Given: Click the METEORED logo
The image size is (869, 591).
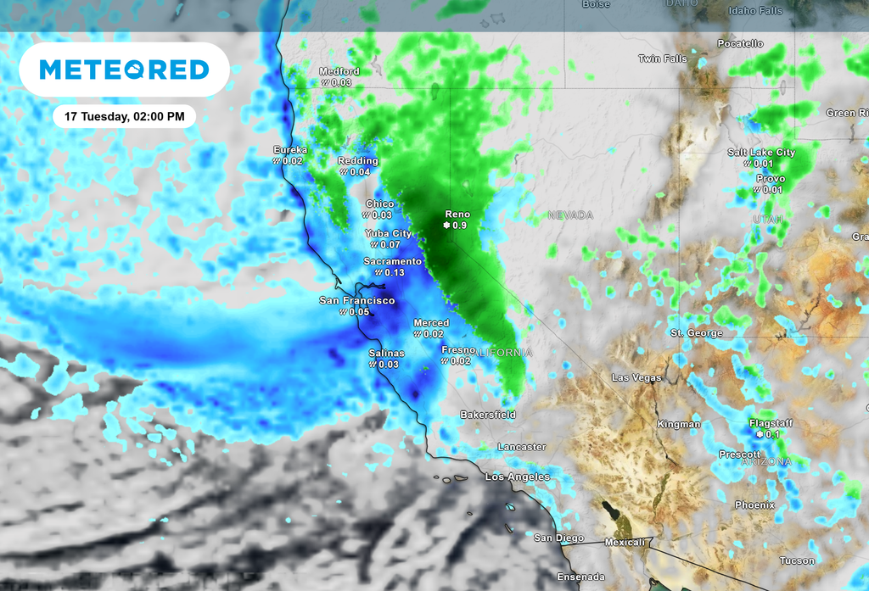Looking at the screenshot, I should click(x=124, y=69).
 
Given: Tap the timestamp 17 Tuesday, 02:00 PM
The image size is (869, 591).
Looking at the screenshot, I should click(x=124, y=115).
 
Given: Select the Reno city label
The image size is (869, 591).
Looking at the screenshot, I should click(x=457, y=215).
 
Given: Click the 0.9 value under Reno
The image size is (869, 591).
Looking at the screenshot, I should click(x=459, y=226).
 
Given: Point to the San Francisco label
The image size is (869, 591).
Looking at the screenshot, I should click(x=356, y=301).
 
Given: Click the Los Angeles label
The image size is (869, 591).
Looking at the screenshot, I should click(x=517, y=477).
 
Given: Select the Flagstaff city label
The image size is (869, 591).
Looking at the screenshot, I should click(x=771, y=422).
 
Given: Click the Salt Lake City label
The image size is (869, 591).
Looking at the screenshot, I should click(x=761, y=153).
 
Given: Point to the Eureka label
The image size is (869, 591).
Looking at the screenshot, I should click(x=289, y=150).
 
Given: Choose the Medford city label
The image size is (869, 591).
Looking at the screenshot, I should click(x=339, y=71).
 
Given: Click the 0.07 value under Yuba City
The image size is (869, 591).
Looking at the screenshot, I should click(x=390, y=244).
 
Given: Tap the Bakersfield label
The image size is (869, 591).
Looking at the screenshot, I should click(x=487, y=415).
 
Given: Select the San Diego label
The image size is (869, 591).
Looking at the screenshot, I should click(x=558, y=538).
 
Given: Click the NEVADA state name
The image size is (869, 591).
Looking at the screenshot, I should click(x=570, y=215).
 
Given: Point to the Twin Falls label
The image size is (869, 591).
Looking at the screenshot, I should click(x=661, y=59).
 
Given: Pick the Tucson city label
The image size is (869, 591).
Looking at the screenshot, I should click(x=797, y=560).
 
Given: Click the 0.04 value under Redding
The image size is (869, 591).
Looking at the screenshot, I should click(x=360, y=171).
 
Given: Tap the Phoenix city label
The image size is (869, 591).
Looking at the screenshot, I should click(x=754, y=505).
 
